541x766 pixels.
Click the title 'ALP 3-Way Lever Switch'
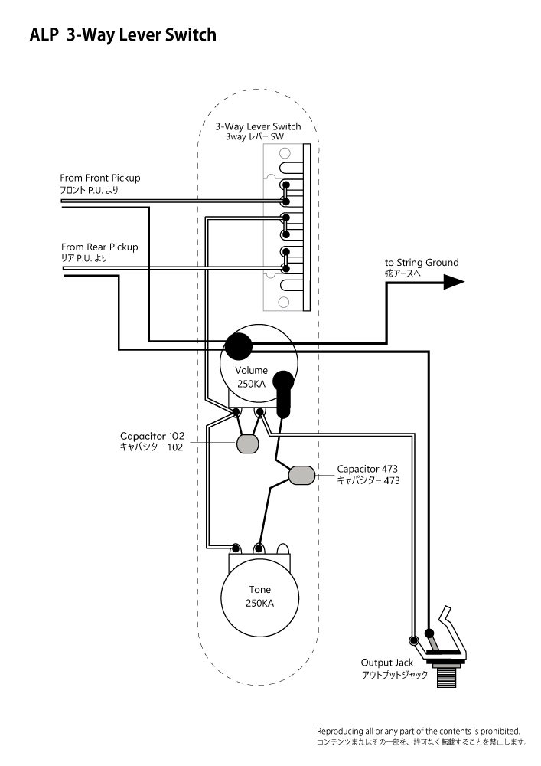coord(122,35)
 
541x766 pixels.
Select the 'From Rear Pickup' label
coord(99,247)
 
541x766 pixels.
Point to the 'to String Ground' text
coord(422,263)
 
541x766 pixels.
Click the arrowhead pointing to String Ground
coord(454,282)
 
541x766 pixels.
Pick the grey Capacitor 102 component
coord(246,444)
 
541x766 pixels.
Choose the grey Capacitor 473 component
coord(302,475)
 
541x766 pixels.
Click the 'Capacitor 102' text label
coord(152,435)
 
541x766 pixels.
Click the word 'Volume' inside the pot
coord(251,371)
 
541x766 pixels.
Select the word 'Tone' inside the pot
coord(259,590)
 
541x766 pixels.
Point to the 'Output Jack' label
coord(386,663)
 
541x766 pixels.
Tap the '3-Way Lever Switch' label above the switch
coord(257,126)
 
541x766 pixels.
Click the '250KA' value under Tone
coord(259,604)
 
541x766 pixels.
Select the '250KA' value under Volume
coord(251,385)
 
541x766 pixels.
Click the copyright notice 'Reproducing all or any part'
coord(418,731)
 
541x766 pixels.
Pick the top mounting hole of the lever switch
coord(274,152)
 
